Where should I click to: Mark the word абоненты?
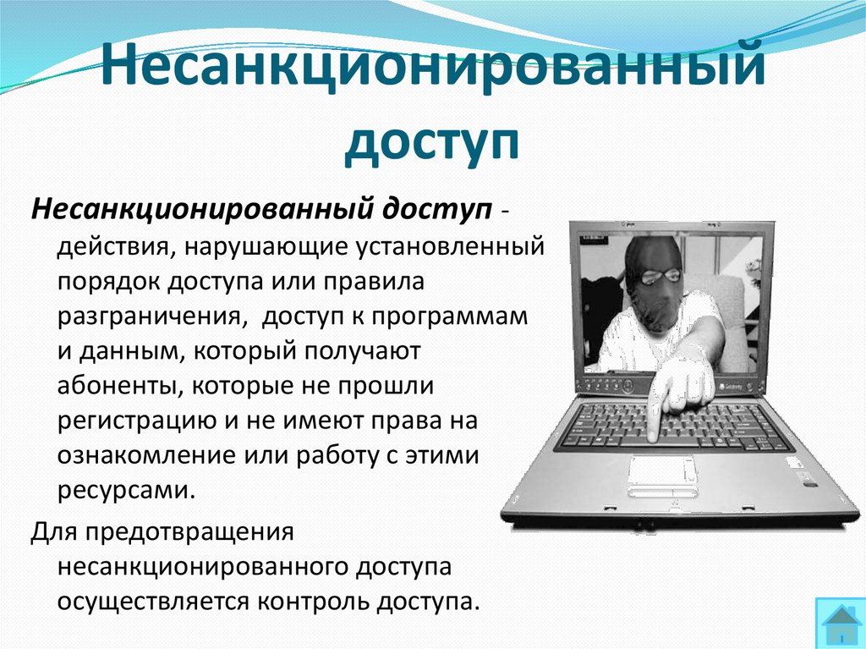tap(118, 386)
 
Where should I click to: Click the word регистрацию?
tap(130, 421)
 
